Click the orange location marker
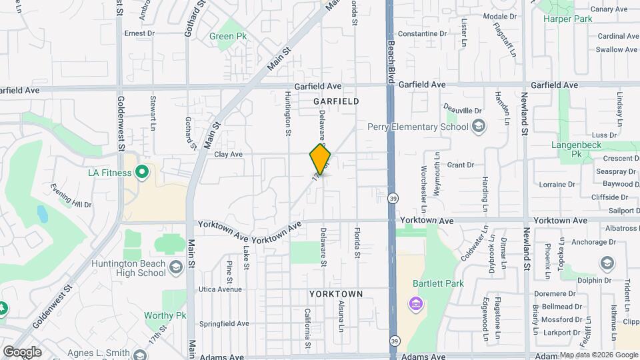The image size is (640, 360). pyautogui.click(x=320, y=159)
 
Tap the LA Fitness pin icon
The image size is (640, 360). pyautogui.click(x=141, y=173)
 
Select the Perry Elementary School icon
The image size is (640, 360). pyautogui.click(x=477, y=127)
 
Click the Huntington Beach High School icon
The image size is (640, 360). pyautogui.click(x=176, y=268)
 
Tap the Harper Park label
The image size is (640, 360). pyautogui.click(x=567, y=19)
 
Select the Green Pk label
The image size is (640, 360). pyautogui.click(x=228, y=37)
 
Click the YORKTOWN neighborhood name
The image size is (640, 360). pyautogui.click(x=336, y=294)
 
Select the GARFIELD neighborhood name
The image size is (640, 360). pyautogui.click(x=336, y=101)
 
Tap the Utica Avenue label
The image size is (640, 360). pyautogui.click(x=219, y=290)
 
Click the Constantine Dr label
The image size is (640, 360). pyautogui.click(x=426, y=34)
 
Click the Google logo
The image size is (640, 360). pyautogui.click(x=22, y=351)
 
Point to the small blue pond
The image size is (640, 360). pyautogui.click(x=42, y=214)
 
